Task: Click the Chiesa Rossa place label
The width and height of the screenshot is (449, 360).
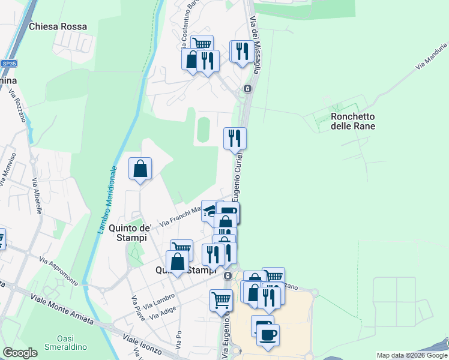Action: coord(58,26)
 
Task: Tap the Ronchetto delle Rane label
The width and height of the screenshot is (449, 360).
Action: coord(353,121)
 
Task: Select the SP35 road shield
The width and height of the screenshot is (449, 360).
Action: coord(9,63)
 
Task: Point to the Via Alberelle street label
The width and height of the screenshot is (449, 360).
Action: coord(37,197)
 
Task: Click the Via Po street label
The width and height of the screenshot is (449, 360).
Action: coord(178,340)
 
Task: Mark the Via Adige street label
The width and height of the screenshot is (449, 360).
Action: coord(163,312)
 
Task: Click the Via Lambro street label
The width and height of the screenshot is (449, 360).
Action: coord(161,298)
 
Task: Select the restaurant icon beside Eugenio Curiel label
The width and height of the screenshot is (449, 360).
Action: coord(235,139)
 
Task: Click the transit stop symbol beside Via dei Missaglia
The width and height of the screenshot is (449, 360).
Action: coord(247,89)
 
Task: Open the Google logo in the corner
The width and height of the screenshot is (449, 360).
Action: coord(20,353)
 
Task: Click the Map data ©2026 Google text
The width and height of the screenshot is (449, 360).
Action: coord(411,355)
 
